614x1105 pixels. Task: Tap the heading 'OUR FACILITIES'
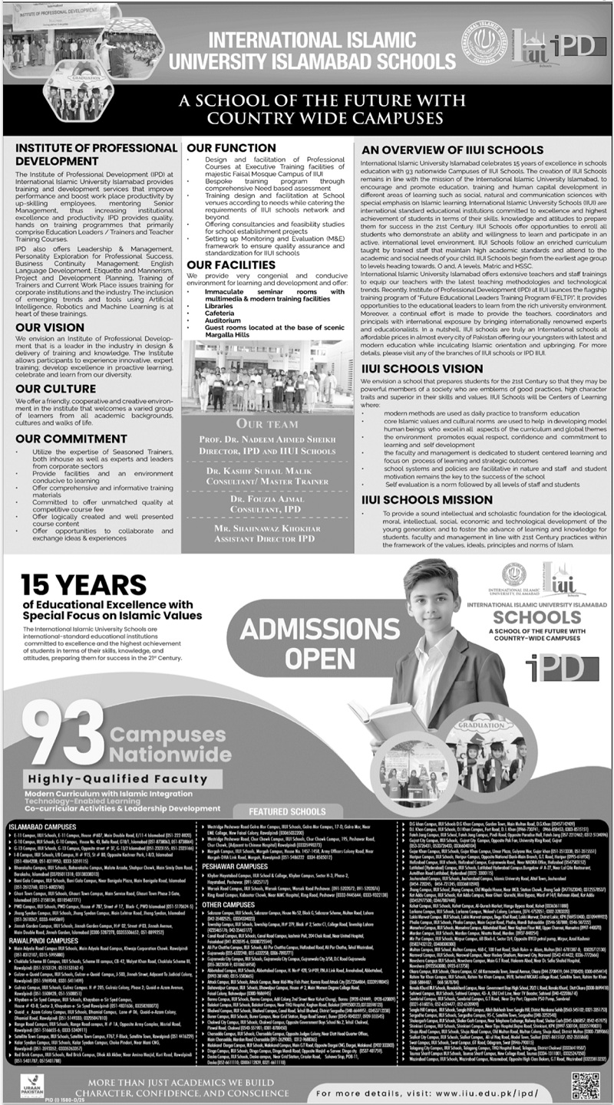230,265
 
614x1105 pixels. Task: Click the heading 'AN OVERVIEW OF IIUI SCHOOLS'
453,150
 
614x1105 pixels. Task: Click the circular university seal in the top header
484,48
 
